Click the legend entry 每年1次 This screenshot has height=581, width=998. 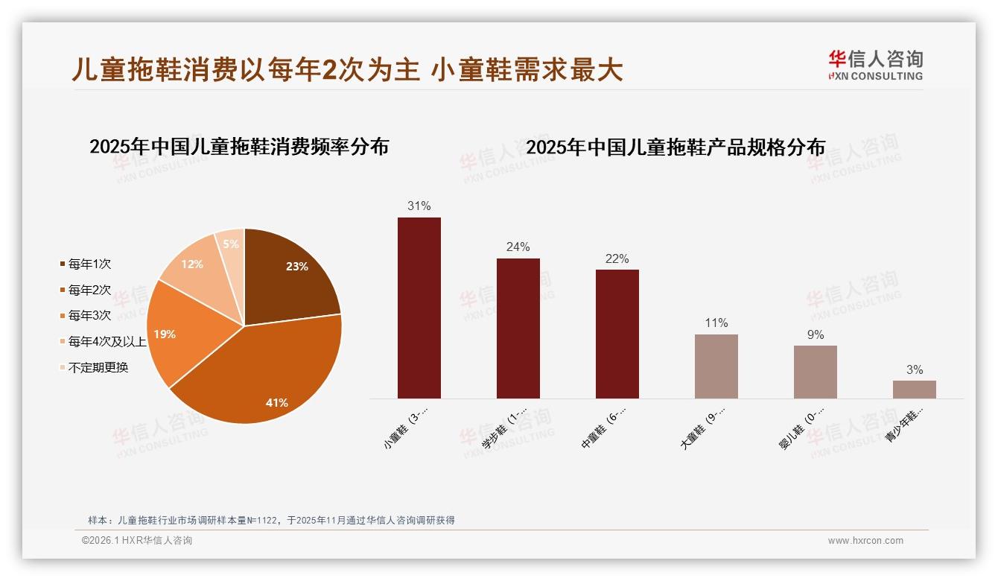coord(89,264)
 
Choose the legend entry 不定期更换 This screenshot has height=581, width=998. coord(98,368)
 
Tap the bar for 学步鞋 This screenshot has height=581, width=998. coord(518,328)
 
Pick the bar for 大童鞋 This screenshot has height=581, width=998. coord(716,366)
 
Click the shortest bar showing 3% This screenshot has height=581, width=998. coord(914,389)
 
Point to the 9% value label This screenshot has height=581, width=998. coord(816,335)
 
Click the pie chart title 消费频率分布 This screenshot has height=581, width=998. coord(239,147)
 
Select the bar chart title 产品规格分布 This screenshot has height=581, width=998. coord(676,147)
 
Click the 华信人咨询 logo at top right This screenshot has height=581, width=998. coord(875,65)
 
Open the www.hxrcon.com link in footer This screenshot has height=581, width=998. coord(865,541)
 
